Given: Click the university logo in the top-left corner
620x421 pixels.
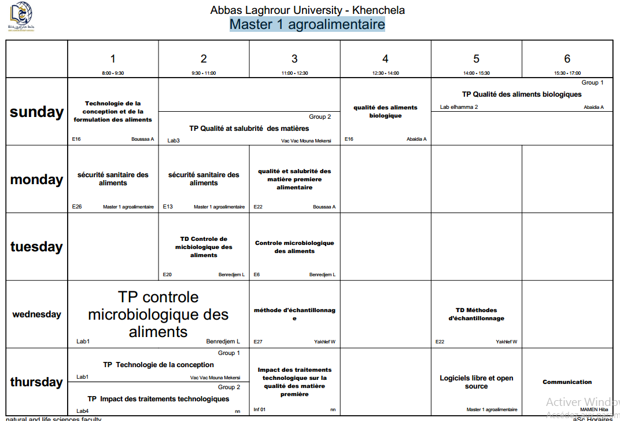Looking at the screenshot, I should (x=20, y=17).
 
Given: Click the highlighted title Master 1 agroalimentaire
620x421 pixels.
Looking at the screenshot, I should (x=307, y=24).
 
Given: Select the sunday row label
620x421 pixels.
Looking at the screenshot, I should (x=36, y=112).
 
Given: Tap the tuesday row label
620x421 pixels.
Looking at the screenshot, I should (x=36, y=247).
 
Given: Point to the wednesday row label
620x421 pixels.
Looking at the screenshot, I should (x=36, y=314).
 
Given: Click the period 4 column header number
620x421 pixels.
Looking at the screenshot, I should (x=385, y=58).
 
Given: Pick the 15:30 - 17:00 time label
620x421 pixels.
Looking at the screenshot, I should (x=567, y=73).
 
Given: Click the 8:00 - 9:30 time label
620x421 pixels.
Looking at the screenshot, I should (x=113, y=73).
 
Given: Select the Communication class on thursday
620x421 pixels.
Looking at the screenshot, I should (x=567, y=382).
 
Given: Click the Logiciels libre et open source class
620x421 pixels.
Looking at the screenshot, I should (x=476, y=382).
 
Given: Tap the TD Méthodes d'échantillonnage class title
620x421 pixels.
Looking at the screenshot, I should (x=476, y=314).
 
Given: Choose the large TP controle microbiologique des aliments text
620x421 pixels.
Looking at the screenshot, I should (x=158, y=314).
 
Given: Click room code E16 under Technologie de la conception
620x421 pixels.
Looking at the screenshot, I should (x=76, y=139).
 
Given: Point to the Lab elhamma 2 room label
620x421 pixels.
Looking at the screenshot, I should (x=459, y=107).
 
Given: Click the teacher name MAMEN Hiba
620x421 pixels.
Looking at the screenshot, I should (x=594, y=409).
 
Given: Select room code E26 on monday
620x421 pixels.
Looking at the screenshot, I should (x=77, y=206).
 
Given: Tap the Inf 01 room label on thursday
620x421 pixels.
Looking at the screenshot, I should (x=260, y=409).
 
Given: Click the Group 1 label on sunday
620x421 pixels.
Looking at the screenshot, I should (x=592, y=83).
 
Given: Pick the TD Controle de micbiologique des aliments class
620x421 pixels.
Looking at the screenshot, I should (x=204, y=247).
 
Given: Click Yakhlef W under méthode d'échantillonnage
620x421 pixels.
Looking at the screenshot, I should (x=324, y=342).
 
